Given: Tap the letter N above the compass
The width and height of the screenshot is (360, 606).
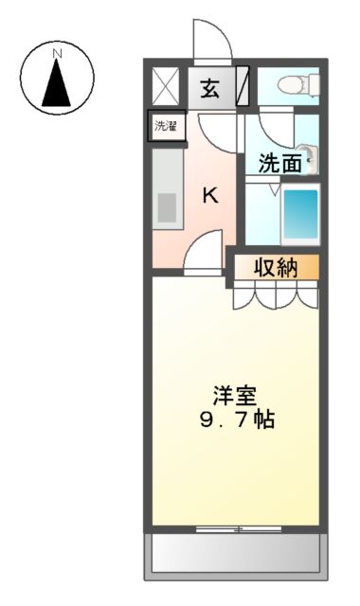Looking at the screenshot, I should [57, 54].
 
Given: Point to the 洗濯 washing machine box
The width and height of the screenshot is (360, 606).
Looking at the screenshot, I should [166, 126].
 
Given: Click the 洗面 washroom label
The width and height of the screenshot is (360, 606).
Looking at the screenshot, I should [280, 162].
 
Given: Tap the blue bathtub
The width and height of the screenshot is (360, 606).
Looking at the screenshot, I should [301, 215].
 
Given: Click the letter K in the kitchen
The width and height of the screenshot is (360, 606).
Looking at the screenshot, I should [210, 196].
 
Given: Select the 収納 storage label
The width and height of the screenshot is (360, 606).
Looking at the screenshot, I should [276, 268].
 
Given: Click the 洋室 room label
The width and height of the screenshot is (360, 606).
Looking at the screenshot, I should [234, 395].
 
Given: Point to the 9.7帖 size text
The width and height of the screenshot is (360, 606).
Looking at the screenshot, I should [236, 419].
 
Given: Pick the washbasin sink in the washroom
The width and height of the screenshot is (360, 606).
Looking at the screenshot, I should [309, 156].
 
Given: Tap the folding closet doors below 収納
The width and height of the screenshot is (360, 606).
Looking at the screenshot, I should [276, 295].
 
